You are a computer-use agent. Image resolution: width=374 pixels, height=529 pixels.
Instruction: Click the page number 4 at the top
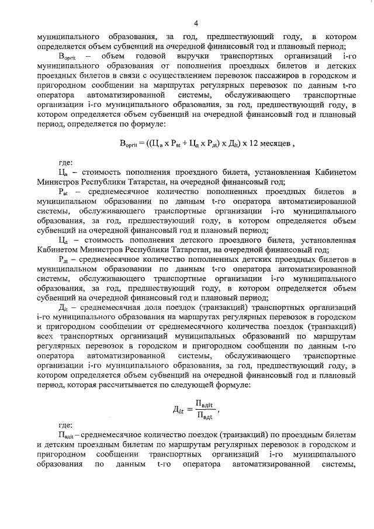(x=196, y=23)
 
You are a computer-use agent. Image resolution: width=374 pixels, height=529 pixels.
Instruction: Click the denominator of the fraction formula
(x=203, y=416)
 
